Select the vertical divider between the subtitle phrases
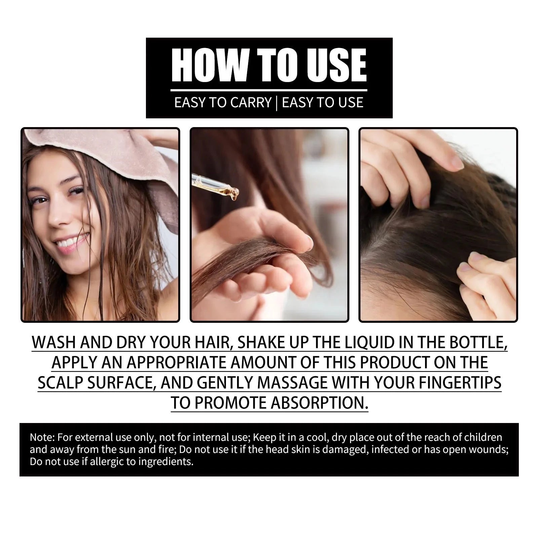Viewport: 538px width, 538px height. pyautogui.click(x=276, y=103)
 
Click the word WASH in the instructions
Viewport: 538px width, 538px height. pyautogui.click(x=53, y=342)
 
